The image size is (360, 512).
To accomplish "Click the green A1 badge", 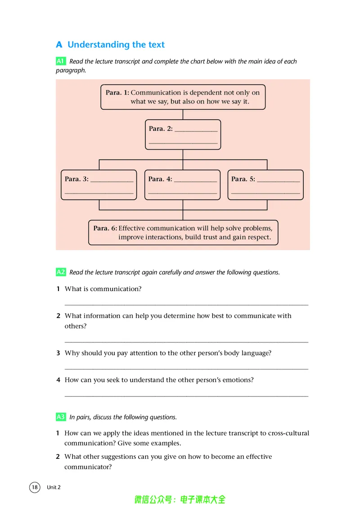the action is point(61,61).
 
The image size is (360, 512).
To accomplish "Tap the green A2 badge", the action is point(61,272).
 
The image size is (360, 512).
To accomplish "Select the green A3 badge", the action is point(61,417).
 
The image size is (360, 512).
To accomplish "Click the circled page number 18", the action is point(35,487).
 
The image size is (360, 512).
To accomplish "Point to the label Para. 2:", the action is point(161,129).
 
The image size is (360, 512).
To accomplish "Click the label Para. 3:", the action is point(76,179).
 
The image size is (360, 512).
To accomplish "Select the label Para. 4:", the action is point(160,179).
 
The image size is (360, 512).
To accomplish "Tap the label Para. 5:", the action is point(243,179).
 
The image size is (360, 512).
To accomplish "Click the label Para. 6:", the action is point(105,228).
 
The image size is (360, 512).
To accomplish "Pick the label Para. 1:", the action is point(117,93).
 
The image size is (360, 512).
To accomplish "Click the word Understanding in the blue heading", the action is point(99,45).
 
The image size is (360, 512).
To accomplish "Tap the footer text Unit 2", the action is point(54,487).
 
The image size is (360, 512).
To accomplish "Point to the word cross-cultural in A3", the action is point(288,433).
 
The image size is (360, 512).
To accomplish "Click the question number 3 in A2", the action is point(58,353).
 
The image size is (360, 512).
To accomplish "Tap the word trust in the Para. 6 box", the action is point(211,238).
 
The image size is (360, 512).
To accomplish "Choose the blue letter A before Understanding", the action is point(59,45).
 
